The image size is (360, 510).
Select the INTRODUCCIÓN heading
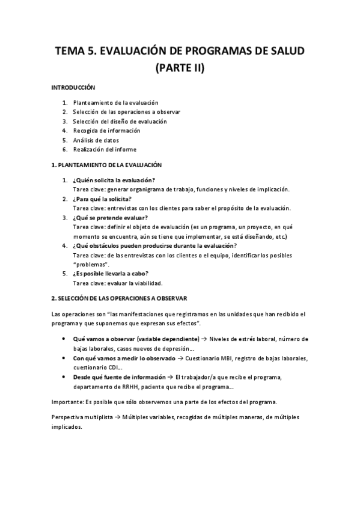point(73,88)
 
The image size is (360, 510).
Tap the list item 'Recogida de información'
point(106,131)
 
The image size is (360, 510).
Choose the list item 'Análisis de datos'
point(96,140)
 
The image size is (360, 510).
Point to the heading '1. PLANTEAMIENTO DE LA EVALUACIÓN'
point(107,165)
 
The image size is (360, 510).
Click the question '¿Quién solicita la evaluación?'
point(113,180)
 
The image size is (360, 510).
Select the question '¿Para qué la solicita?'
point(102,198)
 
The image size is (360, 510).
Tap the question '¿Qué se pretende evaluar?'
point(109,217)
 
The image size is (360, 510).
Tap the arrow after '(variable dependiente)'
point(204,340)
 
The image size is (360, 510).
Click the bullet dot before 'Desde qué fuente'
point(64,377)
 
